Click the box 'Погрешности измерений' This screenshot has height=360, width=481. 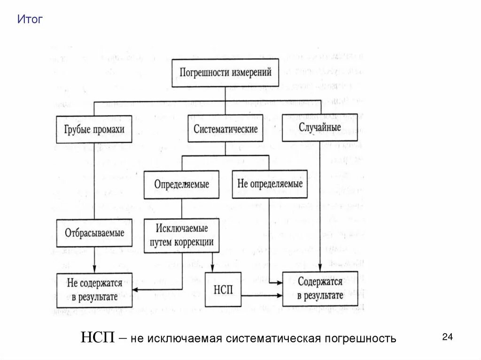click(225, 73)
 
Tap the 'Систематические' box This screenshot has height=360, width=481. click(225, 129)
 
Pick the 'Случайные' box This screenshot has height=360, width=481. click(319, 127)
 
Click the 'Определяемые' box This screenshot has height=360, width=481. click(181, 184)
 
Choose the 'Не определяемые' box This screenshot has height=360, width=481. click(270, 184)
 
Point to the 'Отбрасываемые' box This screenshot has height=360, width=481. click(94, 233)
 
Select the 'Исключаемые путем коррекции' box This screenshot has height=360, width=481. click(181, 236)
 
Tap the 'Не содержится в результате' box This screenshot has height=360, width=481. click(94, 290)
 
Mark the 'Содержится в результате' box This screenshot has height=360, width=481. click(319, 289)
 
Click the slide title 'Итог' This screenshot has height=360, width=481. click(30, 20)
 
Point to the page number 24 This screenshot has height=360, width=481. click(447, 337)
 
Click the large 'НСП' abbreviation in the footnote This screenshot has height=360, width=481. click(97, 337)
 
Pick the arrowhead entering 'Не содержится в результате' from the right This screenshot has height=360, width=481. click(135, 289)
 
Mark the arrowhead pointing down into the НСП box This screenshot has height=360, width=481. click(213, 269)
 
